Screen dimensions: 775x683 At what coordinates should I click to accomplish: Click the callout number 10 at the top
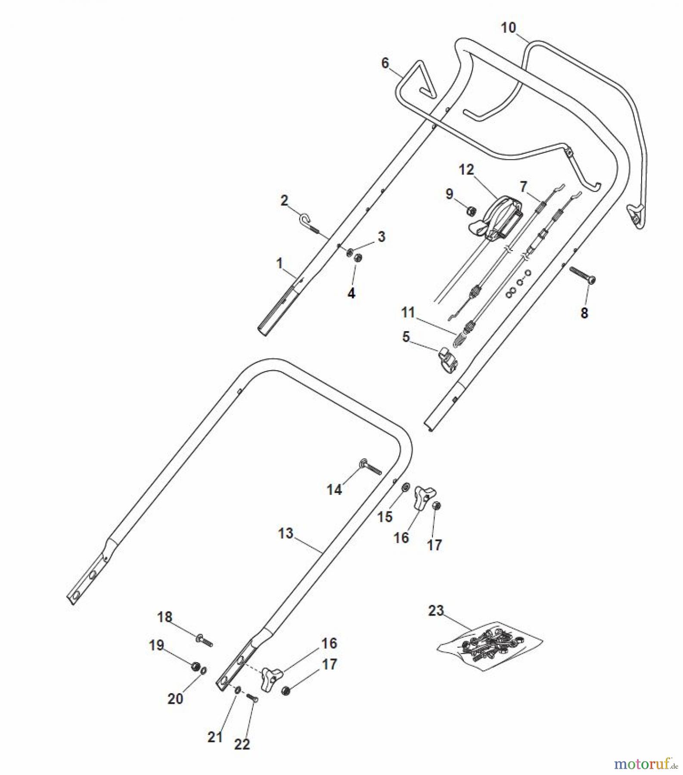[509, 28]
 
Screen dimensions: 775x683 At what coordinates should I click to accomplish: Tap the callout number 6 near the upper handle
[385, 63]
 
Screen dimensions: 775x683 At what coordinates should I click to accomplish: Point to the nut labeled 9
[472, 211]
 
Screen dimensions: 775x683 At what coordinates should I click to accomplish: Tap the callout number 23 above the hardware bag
[436, 610]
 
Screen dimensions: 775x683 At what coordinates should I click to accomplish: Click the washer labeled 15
[405, 487]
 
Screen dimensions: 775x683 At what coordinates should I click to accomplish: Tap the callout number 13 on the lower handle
[286, 533]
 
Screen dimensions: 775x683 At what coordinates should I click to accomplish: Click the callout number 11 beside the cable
[408, 312]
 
